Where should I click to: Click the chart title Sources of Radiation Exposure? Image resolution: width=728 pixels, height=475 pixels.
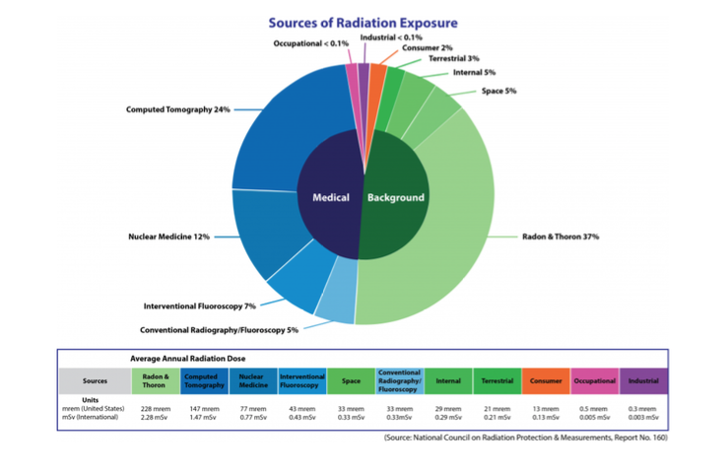363,23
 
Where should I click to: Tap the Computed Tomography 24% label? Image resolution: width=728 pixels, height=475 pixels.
178,109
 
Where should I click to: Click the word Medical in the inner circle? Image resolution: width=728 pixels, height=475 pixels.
331,197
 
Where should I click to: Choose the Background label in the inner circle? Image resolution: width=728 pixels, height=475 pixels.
396,197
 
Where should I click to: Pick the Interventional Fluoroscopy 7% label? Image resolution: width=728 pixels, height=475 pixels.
200,305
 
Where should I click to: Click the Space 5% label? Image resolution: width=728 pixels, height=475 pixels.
498,91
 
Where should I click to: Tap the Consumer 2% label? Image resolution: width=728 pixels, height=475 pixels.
427,47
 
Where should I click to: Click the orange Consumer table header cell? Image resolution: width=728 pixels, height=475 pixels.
546,380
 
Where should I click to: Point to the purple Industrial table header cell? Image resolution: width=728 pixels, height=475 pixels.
644,380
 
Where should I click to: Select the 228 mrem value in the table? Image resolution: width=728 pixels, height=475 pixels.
155,407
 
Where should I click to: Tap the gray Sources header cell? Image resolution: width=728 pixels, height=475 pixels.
95,380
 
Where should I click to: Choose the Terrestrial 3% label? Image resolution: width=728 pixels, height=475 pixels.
453,59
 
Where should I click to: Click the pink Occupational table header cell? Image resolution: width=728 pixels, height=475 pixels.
594,380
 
